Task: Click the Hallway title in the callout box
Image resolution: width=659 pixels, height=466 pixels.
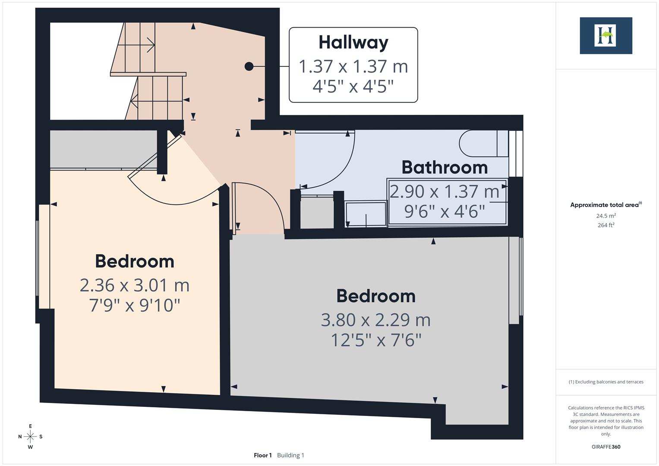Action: [x=353, y=42]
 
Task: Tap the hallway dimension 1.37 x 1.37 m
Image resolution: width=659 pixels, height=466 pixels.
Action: [x=353, y=66]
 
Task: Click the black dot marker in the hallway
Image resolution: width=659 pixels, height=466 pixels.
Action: [x=249, y=66]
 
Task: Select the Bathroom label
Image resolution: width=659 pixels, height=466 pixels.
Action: [x=445, y=167]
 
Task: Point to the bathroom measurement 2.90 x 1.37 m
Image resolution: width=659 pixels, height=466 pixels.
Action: [x=445, y=191]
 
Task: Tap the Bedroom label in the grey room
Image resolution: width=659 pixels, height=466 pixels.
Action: [x=375, y=296]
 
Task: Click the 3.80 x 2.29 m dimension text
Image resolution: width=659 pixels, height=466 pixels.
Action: [x=375, y=320]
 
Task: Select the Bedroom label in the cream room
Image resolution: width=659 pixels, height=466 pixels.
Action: [x=135, y=261]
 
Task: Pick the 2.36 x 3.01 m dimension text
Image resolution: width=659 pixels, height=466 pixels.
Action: [x=135, y=285]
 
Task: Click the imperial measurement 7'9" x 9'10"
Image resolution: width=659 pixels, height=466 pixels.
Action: [x=135, y=305]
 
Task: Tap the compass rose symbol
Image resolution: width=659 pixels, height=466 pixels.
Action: [x=30, y=437]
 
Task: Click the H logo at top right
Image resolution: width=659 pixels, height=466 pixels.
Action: [x=605, y=36]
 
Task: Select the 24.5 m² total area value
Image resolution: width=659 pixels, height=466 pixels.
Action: [x=606, y=216]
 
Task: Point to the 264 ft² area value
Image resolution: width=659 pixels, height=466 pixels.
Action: [x=606, y=225]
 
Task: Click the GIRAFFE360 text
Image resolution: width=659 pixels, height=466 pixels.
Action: [x=606, y=447]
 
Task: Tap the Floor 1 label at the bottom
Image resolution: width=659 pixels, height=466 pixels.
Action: [x=262, y=455]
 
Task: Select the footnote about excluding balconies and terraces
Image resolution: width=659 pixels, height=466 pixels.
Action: [x=606, y=382]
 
